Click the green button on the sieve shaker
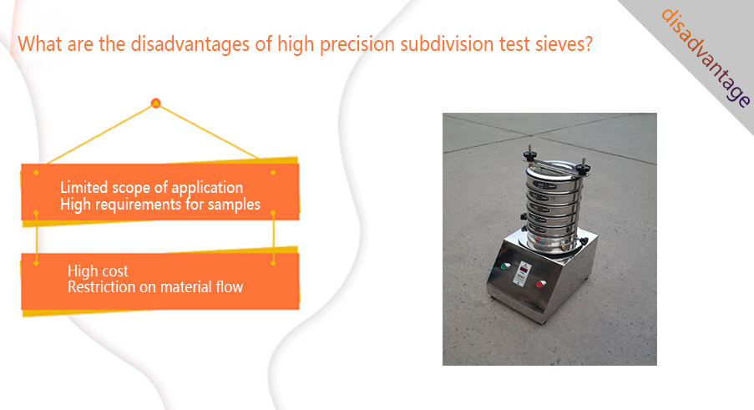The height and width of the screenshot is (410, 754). point(505,266)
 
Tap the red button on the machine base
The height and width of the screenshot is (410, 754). point(541,284)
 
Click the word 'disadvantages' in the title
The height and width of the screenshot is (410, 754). point(190,44)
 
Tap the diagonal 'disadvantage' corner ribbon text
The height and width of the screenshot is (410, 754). point(705,58)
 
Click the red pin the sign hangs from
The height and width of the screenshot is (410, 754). point(155,103)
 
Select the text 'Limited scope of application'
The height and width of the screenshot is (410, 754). point(151,187)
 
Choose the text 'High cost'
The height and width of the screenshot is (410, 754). point(98,271)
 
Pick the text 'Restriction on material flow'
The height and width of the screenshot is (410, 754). point(155,287)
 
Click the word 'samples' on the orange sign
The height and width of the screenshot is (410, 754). point(234,205)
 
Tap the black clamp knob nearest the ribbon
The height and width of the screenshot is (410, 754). point(584,170)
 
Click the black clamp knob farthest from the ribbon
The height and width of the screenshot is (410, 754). point(529,155)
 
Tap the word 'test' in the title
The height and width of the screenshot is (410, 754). point(515,45)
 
